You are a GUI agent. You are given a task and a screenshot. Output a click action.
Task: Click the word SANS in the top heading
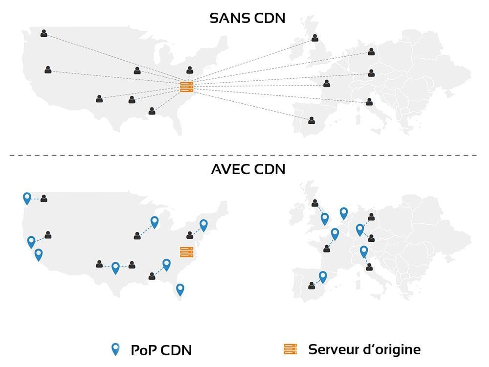228,18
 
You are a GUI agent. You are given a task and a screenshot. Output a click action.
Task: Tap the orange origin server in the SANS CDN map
187,87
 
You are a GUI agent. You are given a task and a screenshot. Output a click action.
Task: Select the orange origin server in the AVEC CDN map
187,252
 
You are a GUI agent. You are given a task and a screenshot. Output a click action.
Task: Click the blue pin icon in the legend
115,349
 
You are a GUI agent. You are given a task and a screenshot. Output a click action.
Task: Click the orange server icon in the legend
291,349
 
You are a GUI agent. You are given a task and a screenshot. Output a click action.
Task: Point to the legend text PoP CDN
161,350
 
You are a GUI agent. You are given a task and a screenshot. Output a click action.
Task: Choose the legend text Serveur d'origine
364,349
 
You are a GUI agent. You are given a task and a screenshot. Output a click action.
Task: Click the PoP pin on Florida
180,290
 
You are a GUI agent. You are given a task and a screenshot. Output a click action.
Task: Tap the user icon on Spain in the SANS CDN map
311,120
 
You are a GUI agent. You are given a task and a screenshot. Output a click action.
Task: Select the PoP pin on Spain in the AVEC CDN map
323,277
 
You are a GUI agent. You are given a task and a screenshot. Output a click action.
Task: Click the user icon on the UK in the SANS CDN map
315,38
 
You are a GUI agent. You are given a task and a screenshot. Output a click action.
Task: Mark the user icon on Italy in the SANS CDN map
369,102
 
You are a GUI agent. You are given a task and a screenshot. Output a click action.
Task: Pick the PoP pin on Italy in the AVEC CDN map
364,252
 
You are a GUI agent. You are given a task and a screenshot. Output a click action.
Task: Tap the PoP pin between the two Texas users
115,268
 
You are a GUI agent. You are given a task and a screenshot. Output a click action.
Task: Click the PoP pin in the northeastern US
203,225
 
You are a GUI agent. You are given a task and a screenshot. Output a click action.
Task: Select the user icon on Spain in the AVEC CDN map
311,286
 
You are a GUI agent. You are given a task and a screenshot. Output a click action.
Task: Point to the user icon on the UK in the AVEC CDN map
314,203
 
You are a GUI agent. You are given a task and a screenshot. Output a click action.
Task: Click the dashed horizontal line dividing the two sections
244,155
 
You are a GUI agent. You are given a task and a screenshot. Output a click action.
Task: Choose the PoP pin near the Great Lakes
155,223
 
